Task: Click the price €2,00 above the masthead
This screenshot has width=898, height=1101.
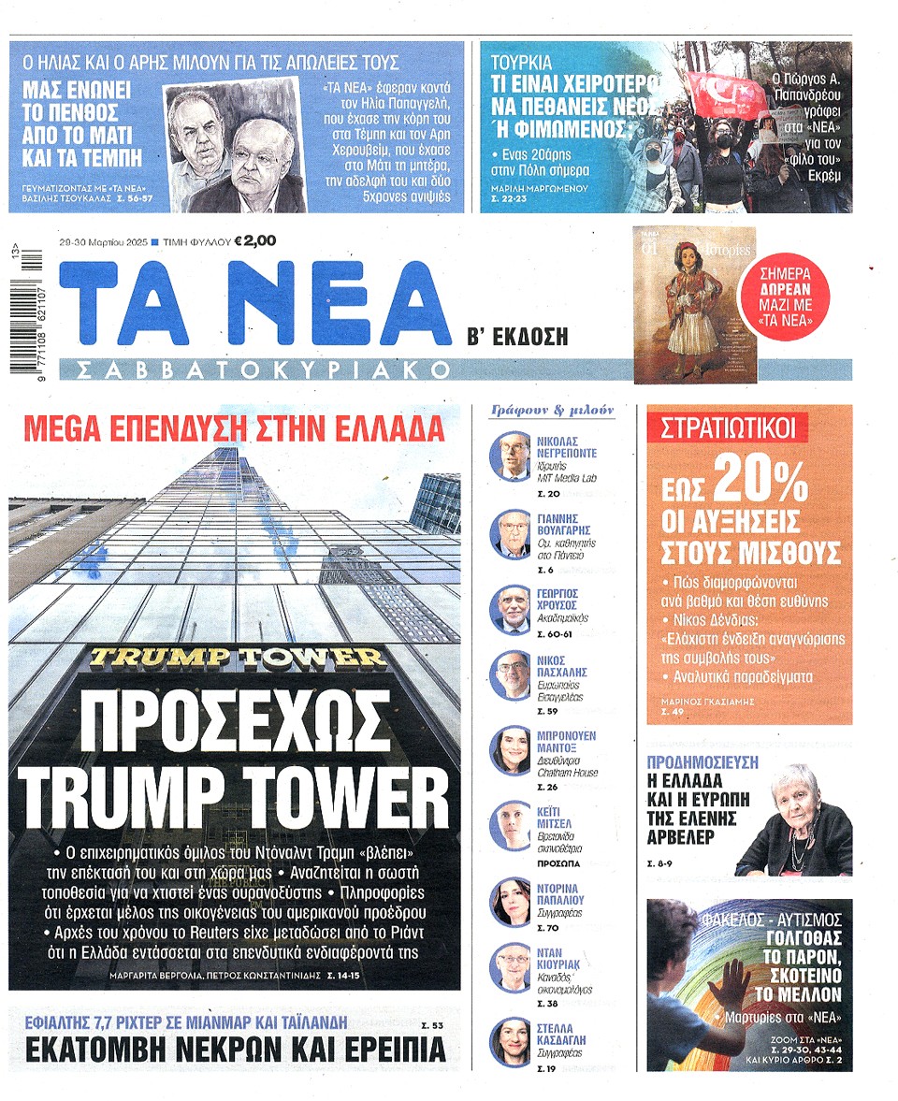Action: click(255, 241)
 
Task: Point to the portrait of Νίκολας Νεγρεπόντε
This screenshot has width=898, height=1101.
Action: click(511, 456)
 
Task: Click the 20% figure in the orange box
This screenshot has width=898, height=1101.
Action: click(759, 482)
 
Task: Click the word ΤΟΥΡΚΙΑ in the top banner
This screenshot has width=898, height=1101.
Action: click(522, 65)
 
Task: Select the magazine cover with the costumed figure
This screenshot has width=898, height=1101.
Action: click(681, 304)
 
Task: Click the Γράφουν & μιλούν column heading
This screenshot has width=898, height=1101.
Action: click(552, 411)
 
